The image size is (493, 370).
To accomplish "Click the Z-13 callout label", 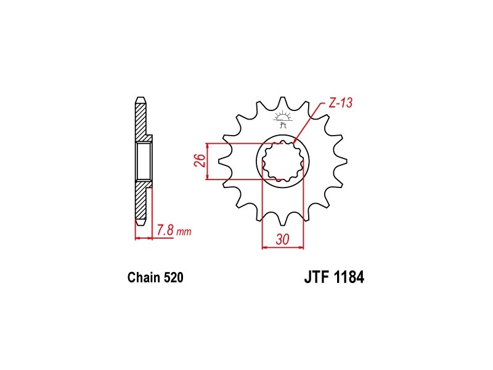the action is (x=341, y=103).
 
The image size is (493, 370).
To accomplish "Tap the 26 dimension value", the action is (x=200, y=160).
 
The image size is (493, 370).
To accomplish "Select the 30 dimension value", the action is (x=282, y=239).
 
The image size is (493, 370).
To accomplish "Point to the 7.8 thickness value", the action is (x=165, y=231).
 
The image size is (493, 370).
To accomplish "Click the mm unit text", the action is (x=184, y=232).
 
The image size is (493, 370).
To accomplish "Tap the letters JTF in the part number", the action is (x=316, y=277).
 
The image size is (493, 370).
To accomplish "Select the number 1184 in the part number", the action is (x=349, y=277).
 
